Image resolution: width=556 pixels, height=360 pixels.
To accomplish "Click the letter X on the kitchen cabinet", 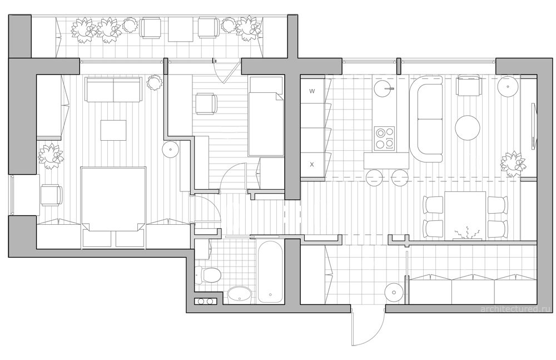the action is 312,164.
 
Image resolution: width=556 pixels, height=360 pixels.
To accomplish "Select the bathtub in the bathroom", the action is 271,272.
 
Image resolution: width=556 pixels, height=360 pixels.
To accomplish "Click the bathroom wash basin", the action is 239,294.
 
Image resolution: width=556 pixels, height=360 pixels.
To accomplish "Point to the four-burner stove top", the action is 385,138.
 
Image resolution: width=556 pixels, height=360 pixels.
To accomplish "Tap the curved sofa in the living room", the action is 426,119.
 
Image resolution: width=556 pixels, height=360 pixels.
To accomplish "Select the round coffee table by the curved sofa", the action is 468,128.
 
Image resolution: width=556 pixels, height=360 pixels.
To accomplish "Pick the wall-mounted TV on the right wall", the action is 533,125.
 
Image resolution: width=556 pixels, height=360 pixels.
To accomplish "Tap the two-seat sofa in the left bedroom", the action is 113,89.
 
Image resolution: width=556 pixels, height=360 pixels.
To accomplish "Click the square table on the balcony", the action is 181,29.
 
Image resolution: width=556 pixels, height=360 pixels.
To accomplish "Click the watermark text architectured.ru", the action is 516,309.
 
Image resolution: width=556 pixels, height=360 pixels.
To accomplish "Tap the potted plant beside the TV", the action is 513,164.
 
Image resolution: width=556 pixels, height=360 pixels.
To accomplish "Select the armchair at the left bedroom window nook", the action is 51,195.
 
